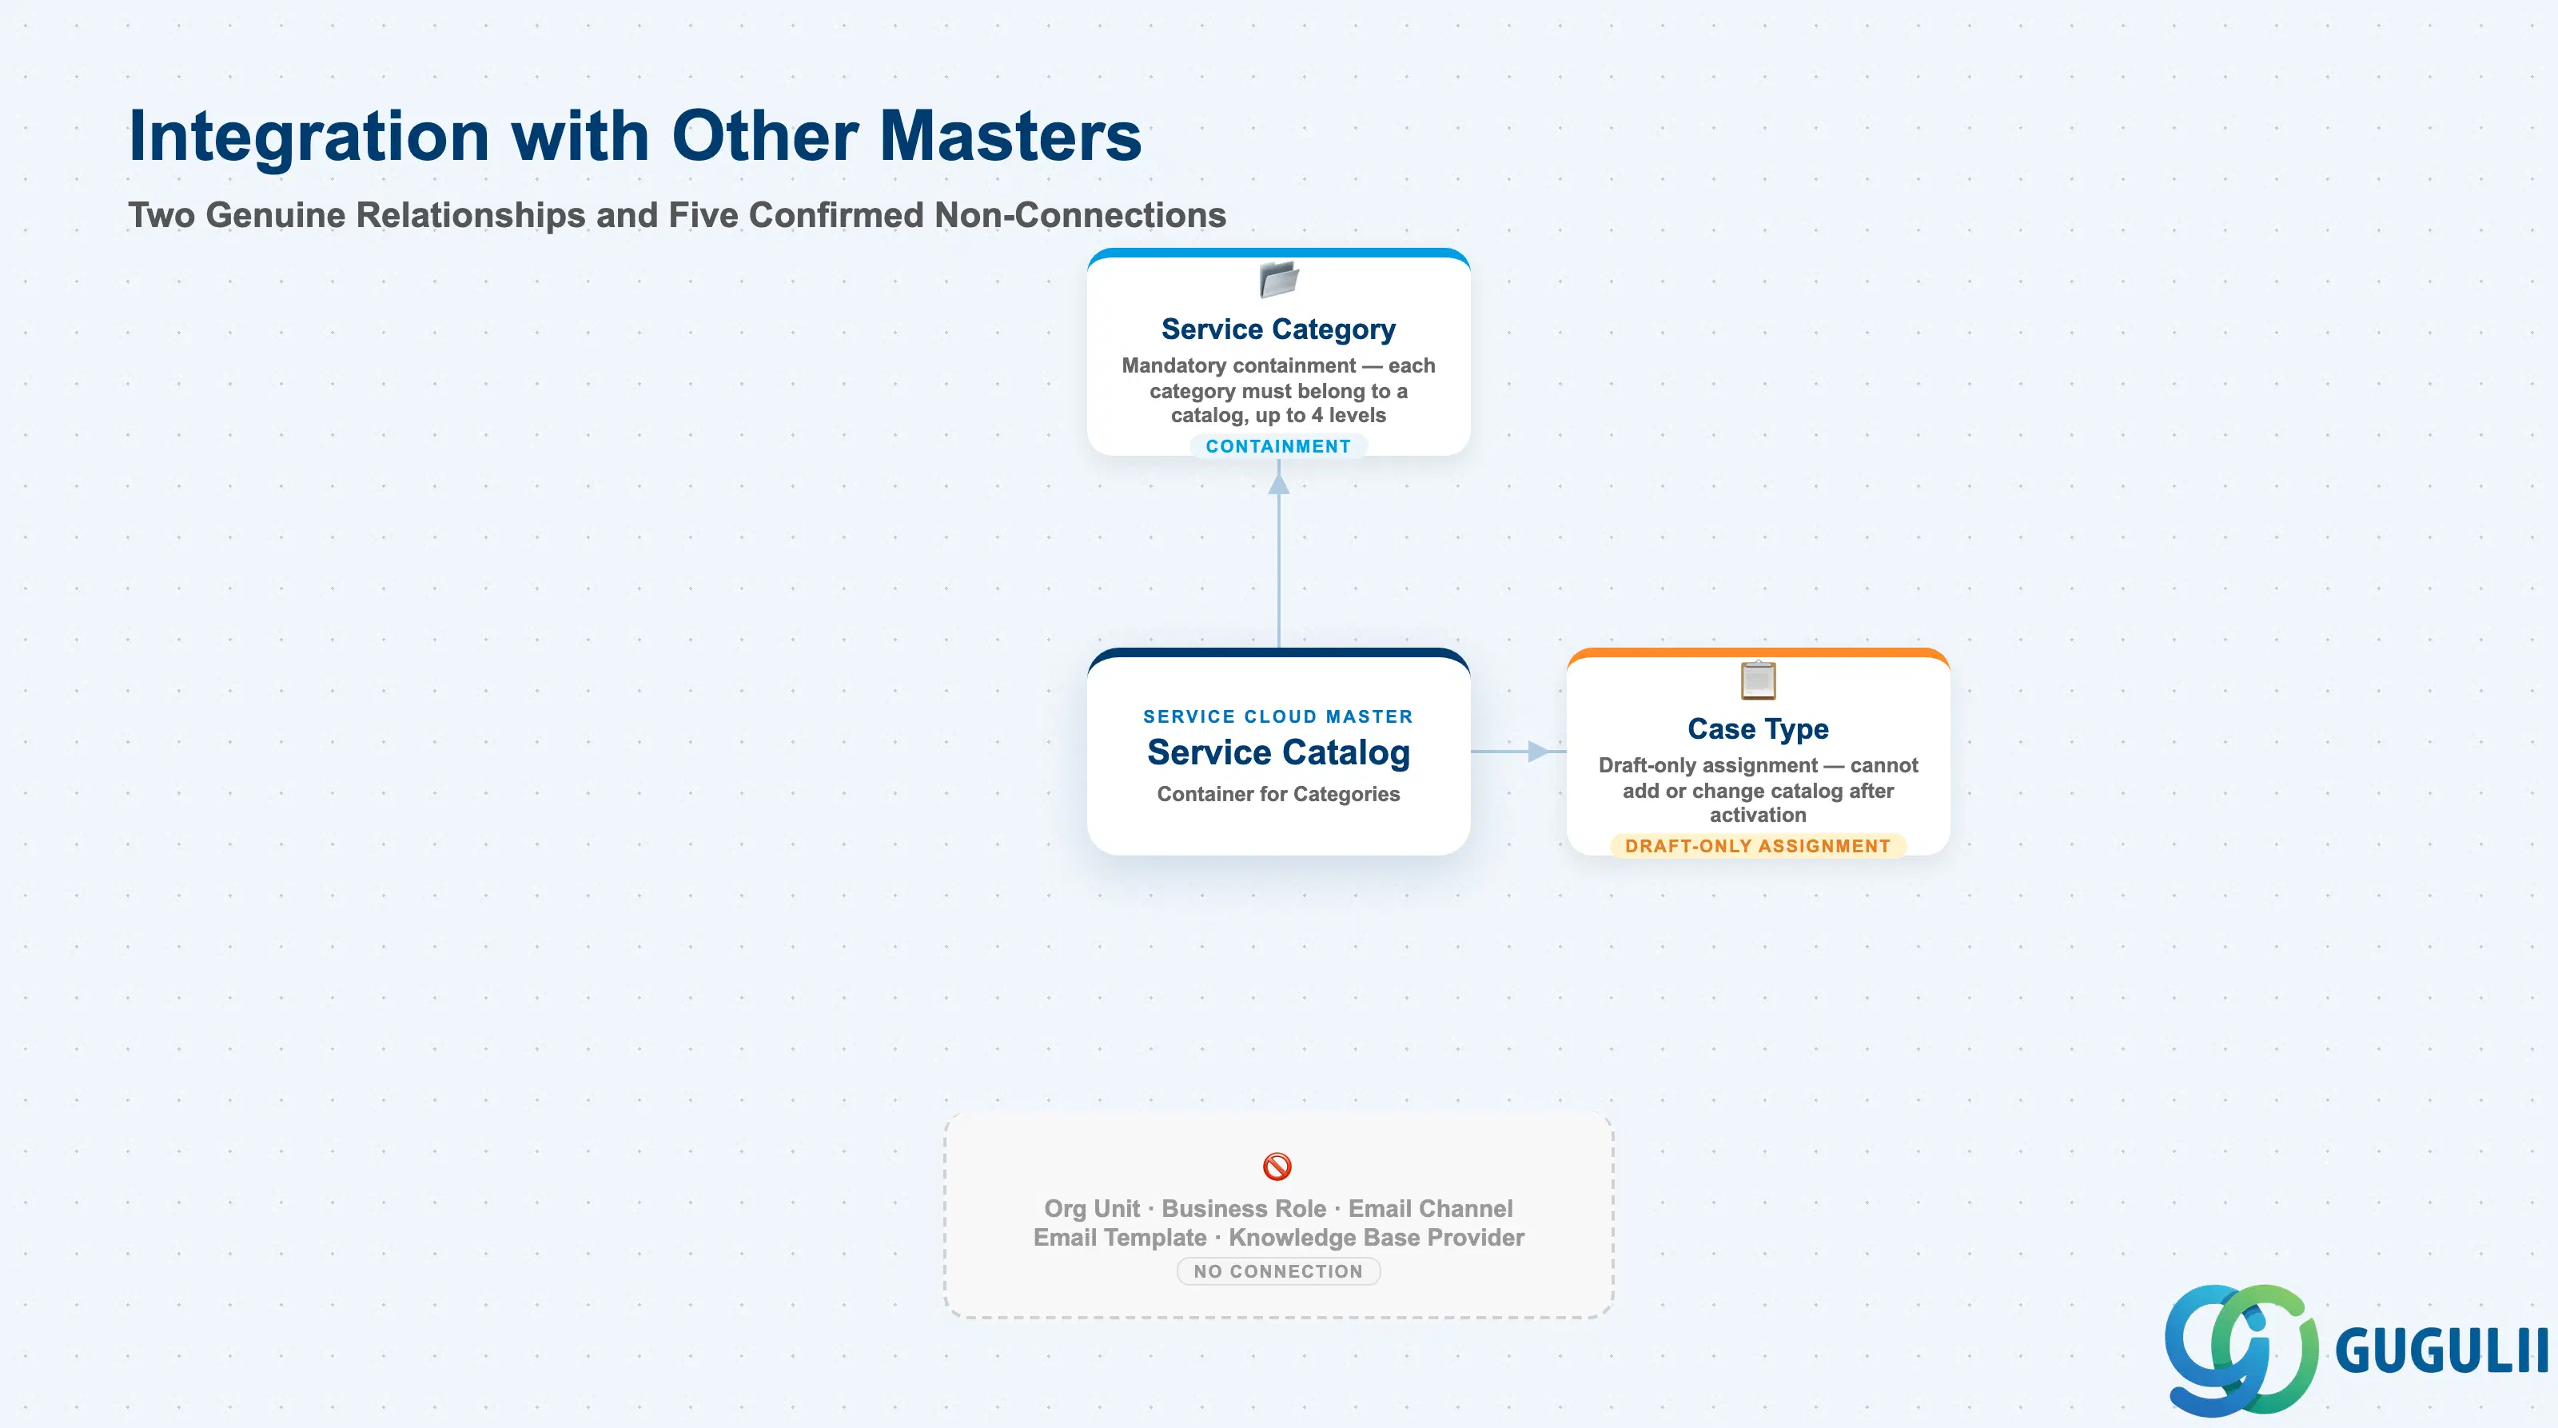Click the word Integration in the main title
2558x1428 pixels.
[309, 137]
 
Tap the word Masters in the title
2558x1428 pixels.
[1011, 135]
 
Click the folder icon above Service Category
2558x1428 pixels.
[1279, 279]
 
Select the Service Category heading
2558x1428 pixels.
[1278, 329]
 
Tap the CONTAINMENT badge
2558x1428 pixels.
[1278, 447]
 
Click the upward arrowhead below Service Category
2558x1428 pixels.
[1279, 484]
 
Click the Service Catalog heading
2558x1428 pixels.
[1278, 752]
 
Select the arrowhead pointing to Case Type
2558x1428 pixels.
[1538, 752]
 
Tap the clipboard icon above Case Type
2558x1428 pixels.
[1758, 680]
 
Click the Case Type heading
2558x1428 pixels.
[1758, 729]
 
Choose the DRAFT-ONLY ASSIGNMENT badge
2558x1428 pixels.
[1758, 846]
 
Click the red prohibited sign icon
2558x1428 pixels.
[1277, 1166]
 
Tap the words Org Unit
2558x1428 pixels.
[1091, 1209]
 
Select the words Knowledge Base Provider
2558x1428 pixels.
[1377, 1238]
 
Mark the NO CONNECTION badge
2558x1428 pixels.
[1278, 1271]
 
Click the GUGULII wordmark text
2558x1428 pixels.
[2440, 1351]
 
